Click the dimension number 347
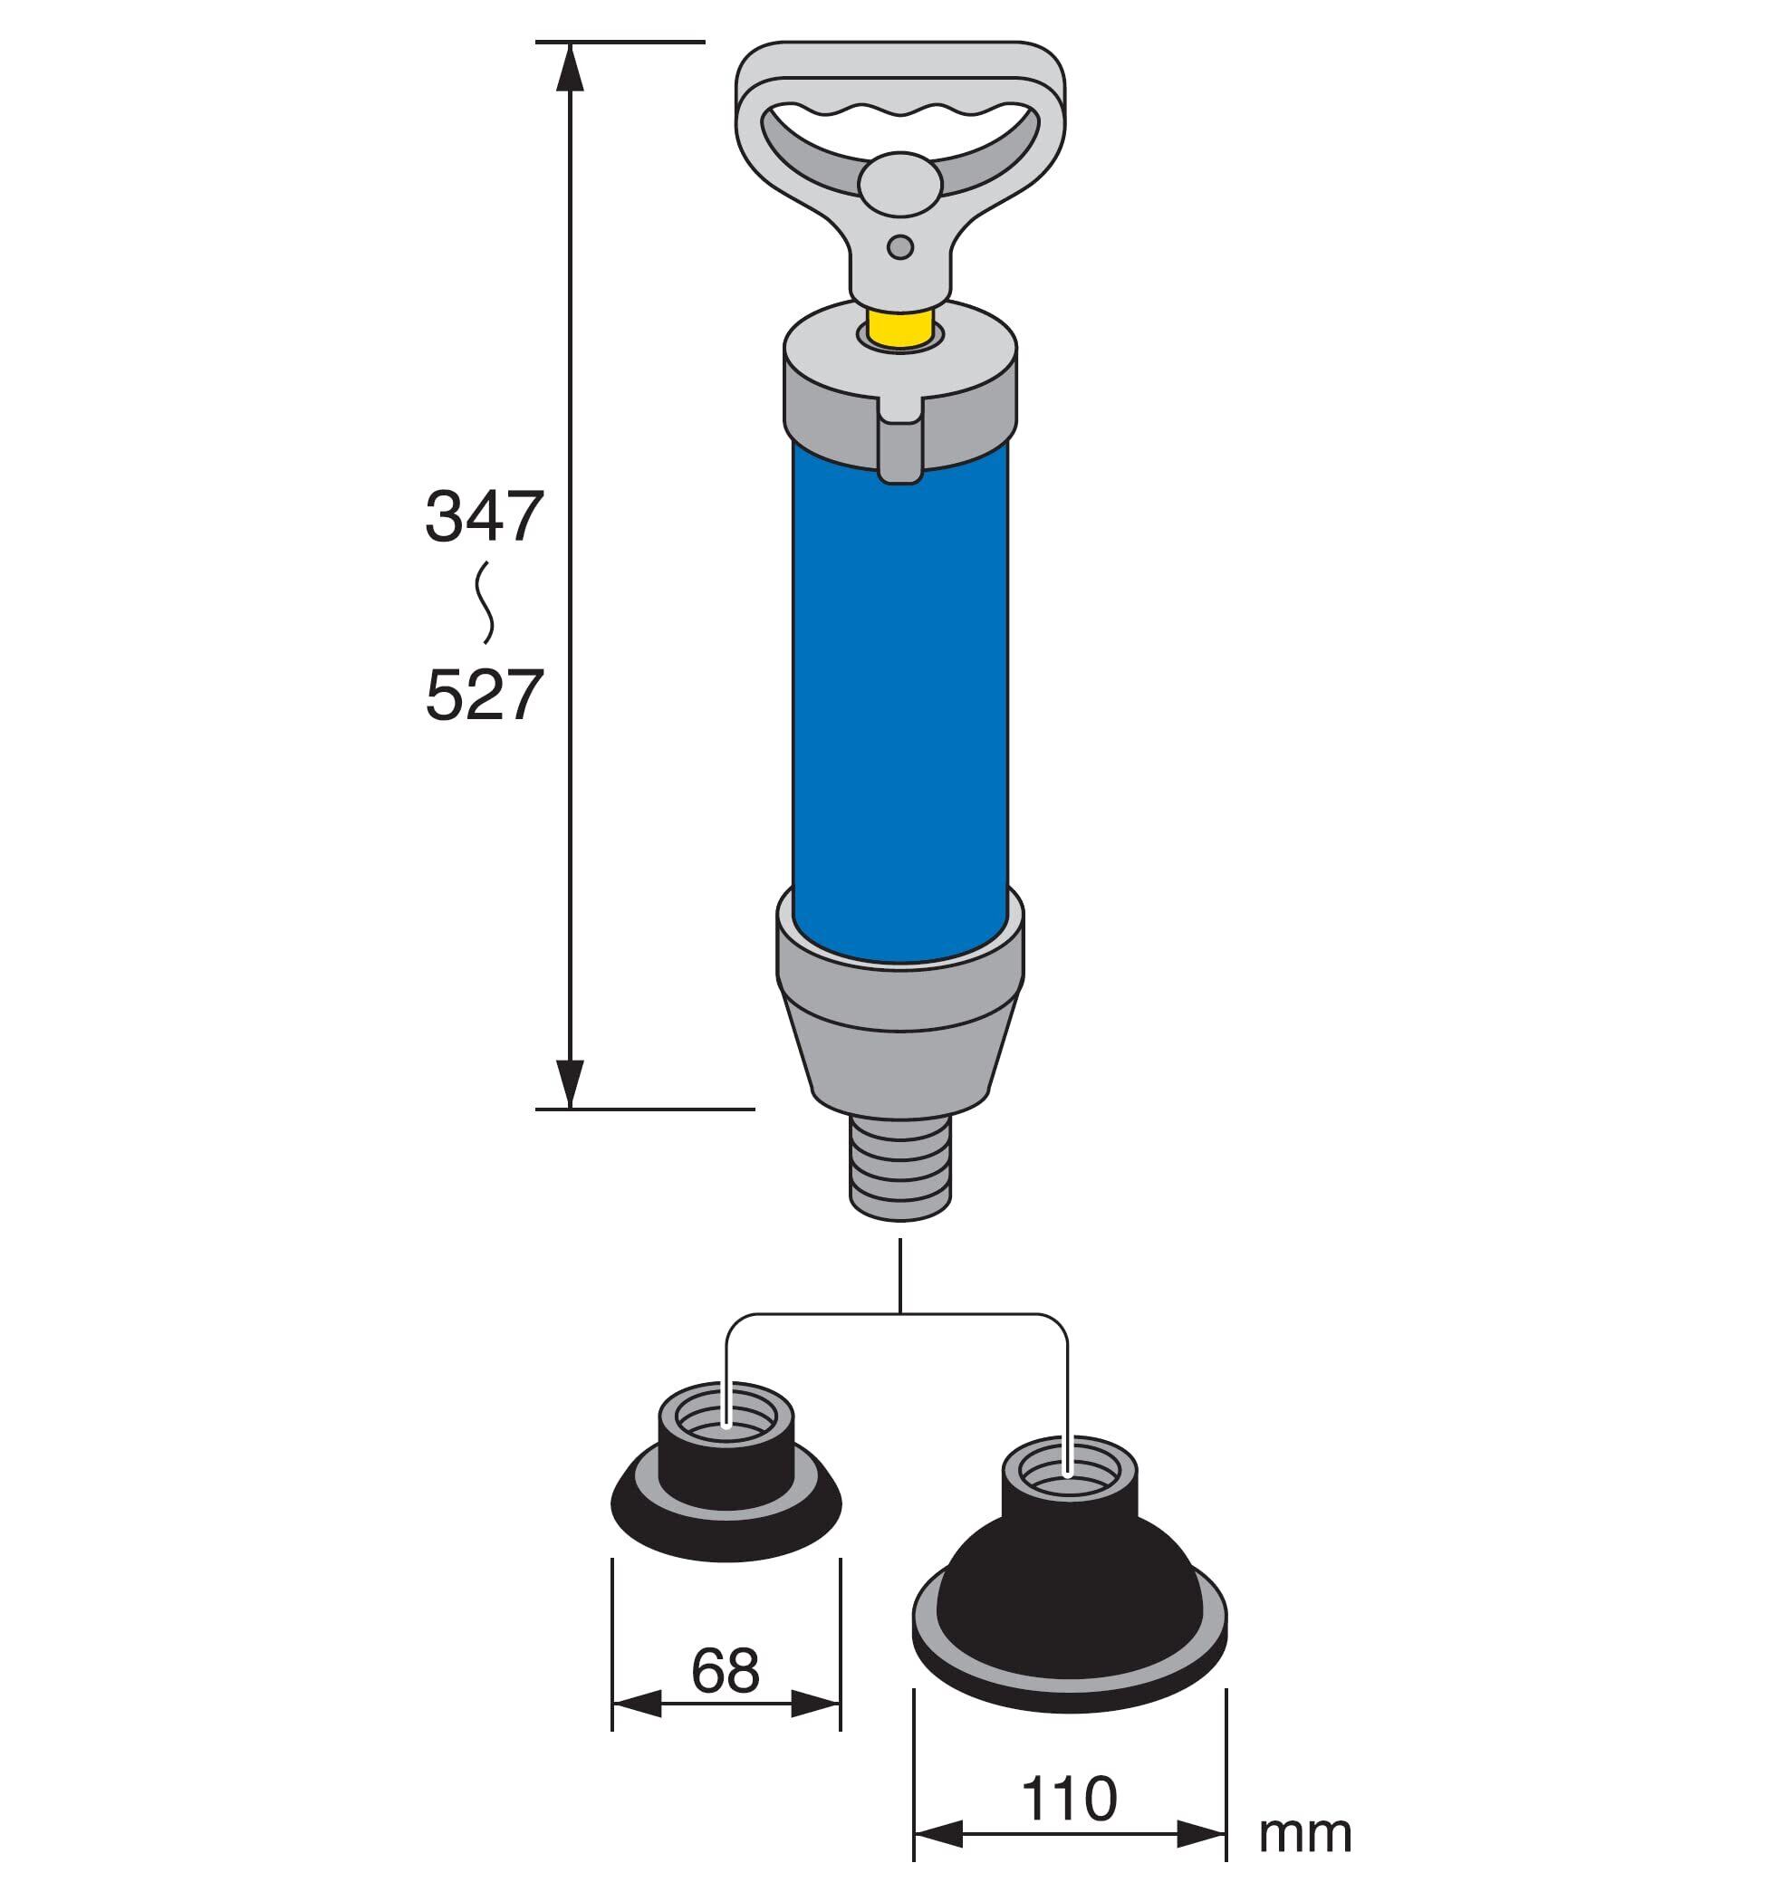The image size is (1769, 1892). pyautogui.click(x=484, y=517)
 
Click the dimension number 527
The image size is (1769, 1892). pyautogui.click(x=484, y=695)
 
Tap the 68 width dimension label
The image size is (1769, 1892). pyautogui.click(x=726, y=1670)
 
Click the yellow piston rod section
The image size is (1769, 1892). pyautogui.click(x=900, y=326)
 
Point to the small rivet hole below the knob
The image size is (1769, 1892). pyautogui.click(x=899, y=247)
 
